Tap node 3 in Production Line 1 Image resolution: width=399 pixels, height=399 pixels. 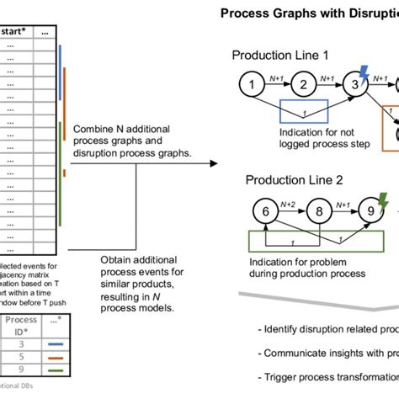(356, 85)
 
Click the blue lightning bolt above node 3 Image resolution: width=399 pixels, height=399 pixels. (364, 70)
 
